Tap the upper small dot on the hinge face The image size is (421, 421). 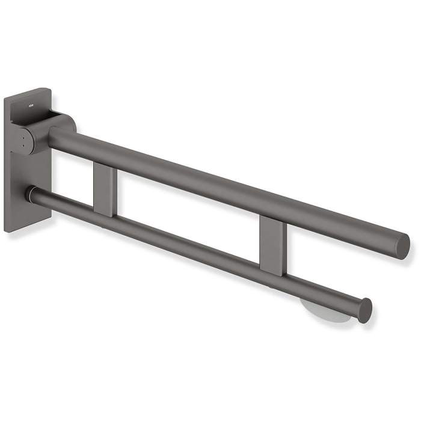coord(23,136)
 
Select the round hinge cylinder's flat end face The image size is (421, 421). coord(23,141)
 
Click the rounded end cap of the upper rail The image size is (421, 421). coord(402,246)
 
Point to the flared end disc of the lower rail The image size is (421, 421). coord(364,310)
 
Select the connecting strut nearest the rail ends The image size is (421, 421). coord(272,244)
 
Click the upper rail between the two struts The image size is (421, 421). coord(186,174)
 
